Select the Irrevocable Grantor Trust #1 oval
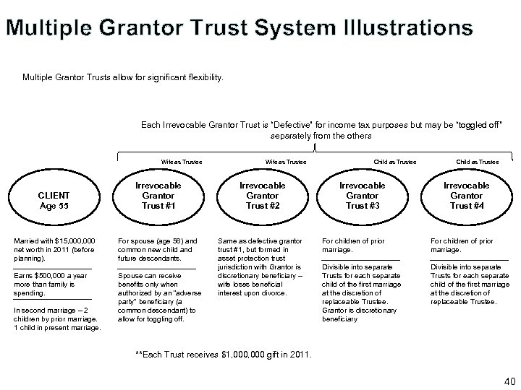[x=158, y=195]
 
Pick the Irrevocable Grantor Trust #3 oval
[x=363, y=195]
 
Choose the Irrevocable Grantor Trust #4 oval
[x=467, y=195]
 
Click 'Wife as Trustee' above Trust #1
[x=182, y=162]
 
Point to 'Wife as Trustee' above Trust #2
[x=286, y=162]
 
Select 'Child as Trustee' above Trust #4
[x=477, y=162]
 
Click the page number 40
[x=506, y=381]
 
